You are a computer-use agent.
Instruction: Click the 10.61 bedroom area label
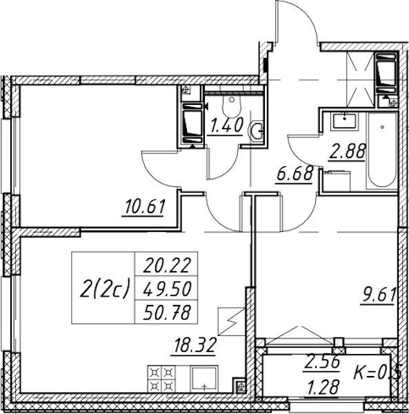pos(145,207)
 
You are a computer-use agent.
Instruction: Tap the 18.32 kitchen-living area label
pos(194,346)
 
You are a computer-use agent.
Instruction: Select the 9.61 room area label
pos(379,295)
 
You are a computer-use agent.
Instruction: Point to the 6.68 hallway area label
pos(295,174)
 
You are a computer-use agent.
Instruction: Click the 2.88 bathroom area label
pos(347,151)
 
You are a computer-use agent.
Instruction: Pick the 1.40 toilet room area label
pos(226,125)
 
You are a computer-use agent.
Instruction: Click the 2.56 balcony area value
pos(321,362)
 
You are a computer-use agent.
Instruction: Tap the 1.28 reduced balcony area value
pos(323,388)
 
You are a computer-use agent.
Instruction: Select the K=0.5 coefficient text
pos(377,373)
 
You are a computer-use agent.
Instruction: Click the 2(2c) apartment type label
pos(105,288)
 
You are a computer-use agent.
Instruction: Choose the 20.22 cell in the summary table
pos(167,265)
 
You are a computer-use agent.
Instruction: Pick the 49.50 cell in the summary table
pos(167,288)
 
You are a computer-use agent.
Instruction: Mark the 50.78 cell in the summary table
pos(167,312)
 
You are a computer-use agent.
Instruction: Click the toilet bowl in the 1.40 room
pos(232,106)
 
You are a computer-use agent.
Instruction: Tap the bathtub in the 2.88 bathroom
pos(382,150)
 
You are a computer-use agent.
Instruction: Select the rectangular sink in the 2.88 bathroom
pos(344,121)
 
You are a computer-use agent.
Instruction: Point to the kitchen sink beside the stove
pos(204,379)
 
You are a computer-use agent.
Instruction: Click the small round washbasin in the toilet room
pos(255,130)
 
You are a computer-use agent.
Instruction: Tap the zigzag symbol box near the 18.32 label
pos(232,322)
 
